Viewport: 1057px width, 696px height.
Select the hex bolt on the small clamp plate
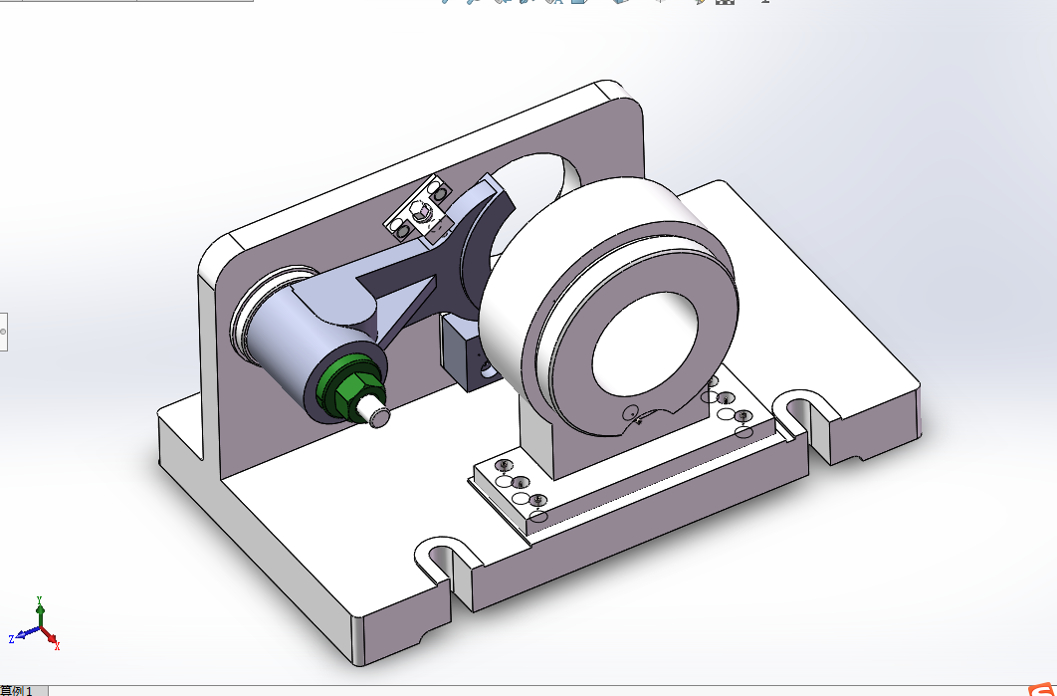pos(421,210)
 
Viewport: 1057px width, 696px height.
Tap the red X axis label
pos(57,646)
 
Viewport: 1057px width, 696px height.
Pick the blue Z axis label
pos(11,638)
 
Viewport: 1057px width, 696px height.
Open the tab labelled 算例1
pos(17,690)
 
